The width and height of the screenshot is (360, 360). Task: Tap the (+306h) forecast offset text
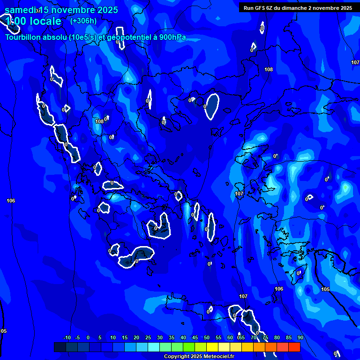(83, 21)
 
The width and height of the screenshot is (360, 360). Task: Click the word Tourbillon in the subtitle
(22, 37)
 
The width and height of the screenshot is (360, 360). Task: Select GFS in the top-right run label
(259, 8)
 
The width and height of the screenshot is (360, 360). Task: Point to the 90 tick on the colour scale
(300, 337)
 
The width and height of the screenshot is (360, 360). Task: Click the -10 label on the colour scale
(67, 337)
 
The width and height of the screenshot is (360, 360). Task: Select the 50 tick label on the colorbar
(206, 337)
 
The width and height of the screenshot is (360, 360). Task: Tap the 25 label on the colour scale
(148, 337)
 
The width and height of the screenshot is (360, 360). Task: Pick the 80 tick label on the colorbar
(277, 337)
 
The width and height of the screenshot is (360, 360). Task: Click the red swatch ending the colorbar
(294, 347)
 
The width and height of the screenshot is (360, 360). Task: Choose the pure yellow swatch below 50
(212, 347)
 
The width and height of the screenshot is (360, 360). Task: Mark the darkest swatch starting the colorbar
(60, 347)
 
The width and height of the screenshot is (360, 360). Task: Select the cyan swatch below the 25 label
(153, 347)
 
